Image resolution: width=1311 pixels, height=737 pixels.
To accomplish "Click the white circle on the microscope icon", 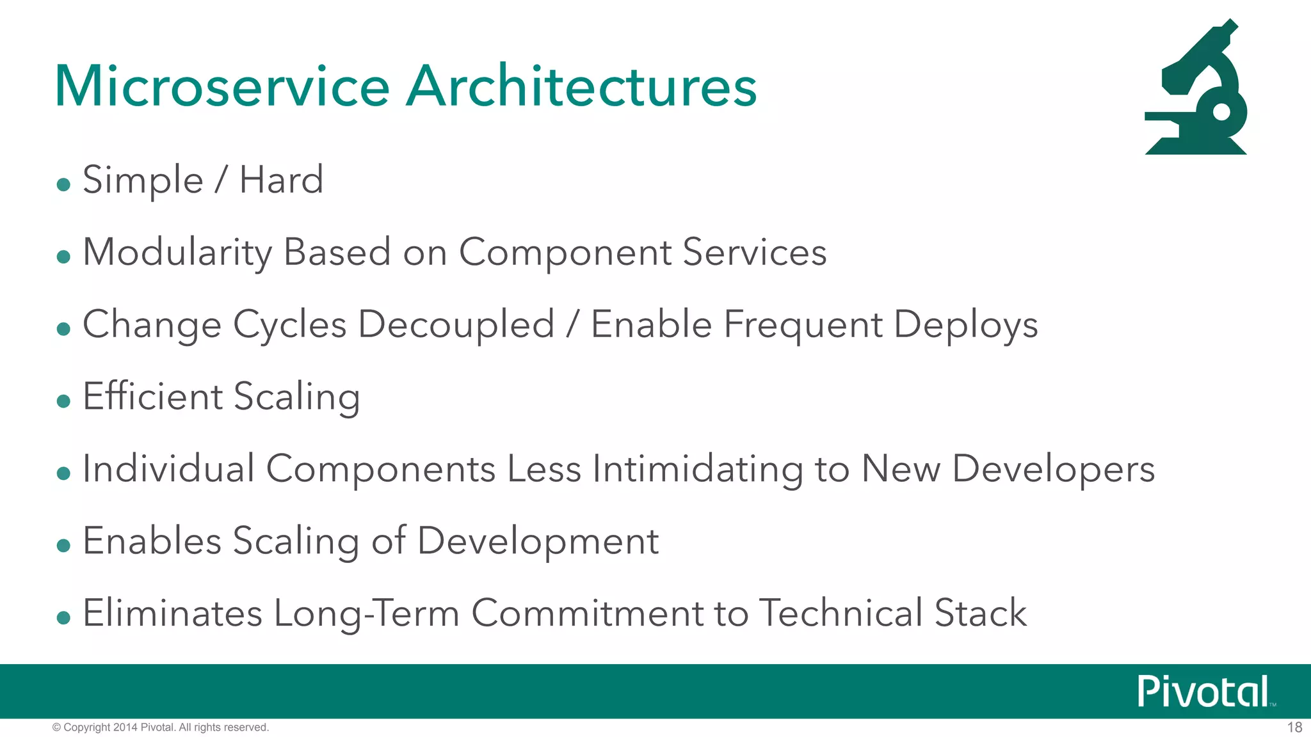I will point(1221,112).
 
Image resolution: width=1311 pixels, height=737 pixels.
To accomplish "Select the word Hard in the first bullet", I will point(281,180).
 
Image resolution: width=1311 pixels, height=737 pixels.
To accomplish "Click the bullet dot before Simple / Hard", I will point(63,185).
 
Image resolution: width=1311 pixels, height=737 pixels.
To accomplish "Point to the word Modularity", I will point(177,253).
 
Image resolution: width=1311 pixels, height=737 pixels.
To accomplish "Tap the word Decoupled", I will point(456,324).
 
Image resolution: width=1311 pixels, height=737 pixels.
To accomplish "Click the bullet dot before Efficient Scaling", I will point(63,402).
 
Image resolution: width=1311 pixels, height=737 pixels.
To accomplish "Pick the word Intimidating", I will point(698,469).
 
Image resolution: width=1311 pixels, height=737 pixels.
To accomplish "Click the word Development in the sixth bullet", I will point(538,541).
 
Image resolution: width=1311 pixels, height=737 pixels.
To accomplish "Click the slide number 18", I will point(1294,727).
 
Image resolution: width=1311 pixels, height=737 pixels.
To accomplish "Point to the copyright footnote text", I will point(161,727).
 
